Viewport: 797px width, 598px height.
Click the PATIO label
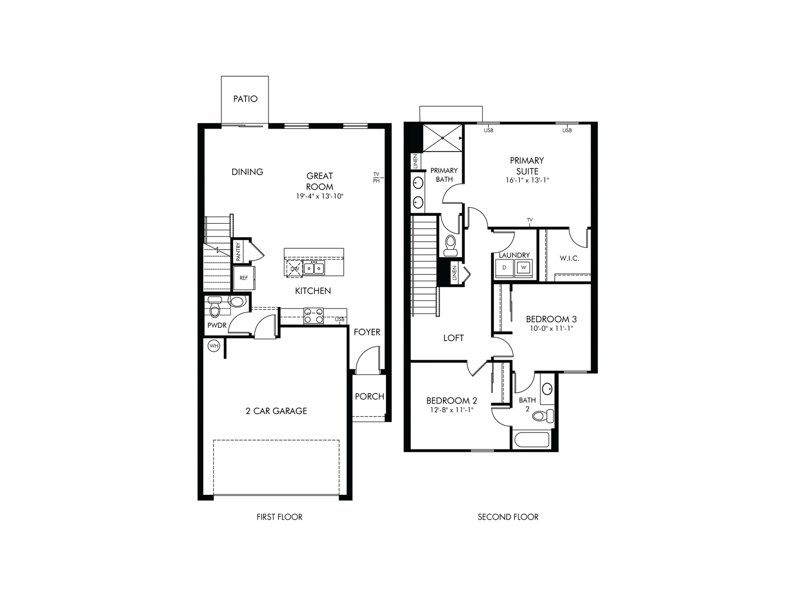(245, 99)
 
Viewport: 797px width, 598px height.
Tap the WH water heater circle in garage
(214, 346)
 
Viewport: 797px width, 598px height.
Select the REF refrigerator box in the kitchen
(244, 278)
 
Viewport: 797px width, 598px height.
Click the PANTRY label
(239, 251)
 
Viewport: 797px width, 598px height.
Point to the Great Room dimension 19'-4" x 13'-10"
(320, 196)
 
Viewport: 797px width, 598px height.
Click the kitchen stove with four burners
(313, 316)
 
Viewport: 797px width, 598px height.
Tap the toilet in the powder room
(215, 308)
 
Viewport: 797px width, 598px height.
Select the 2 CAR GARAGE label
(276, 411)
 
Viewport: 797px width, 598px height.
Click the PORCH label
(369, 396)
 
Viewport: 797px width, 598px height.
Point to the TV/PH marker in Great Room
(377, 177)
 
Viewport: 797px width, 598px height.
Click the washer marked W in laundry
(523, 268)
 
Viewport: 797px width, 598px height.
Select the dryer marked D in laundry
(504, 268)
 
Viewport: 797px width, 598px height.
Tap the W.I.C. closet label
(569, 258)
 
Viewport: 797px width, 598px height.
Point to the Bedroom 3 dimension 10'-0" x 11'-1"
(551, 328)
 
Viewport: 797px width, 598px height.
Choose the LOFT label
(453, 338)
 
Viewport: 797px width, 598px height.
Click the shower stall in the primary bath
(442, 138)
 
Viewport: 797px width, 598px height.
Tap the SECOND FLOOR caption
(508, 517)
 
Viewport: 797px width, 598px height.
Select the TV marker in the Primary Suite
(530, 220)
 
